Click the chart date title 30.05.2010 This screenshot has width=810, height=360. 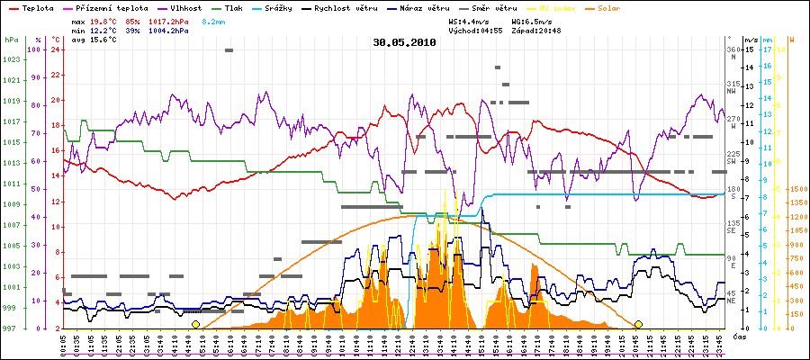pyautogui.click(x=405, y=41)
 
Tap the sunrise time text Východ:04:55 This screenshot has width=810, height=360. pyautogui.click(x=475, y=31)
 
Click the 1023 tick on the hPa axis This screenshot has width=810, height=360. pyautogui.click(x=12, y=59)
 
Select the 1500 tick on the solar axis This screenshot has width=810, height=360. pyautogui.click(x=796, y=189)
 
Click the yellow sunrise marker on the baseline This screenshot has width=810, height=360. pyautogui.click(x=195, y=324)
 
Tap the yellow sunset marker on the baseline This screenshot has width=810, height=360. pyautogui.click(x=638, y=324)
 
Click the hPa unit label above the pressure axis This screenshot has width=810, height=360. pyautogui.click(x=11, y=40)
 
